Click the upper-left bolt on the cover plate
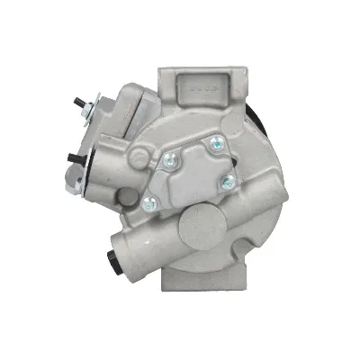169,159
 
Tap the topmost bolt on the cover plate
214,143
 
